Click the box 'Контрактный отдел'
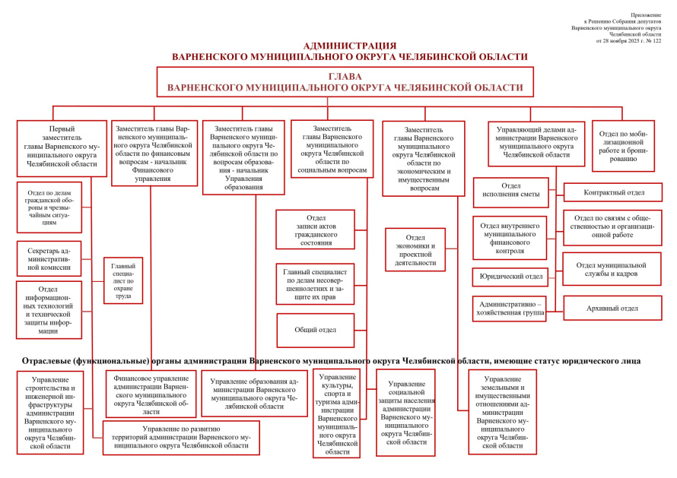(x=612, y=192)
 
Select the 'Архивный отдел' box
(x=612, y=308)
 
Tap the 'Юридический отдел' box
(x=509, y=277)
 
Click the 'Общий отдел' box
(x=316, y=330)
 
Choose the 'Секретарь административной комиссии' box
(x=49, y=258)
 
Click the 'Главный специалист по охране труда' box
(x=123, y=280)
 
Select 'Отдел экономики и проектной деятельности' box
(x=415, y=250)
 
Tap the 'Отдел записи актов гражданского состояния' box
(x=316, y=229)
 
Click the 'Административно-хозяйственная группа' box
(x=509, y=309)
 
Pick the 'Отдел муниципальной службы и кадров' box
(x=612, y=269)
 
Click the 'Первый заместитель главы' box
(x=62, y=147)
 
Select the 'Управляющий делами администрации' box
(x=532, y=142)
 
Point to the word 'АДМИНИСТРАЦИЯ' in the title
(x=349, y=46)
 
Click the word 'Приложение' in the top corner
(x=647, y=14)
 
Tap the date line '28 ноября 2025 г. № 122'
(x=629, y=40)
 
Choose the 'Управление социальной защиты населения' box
(x=405, y=413)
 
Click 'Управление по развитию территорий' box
(x=181, y=438)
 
